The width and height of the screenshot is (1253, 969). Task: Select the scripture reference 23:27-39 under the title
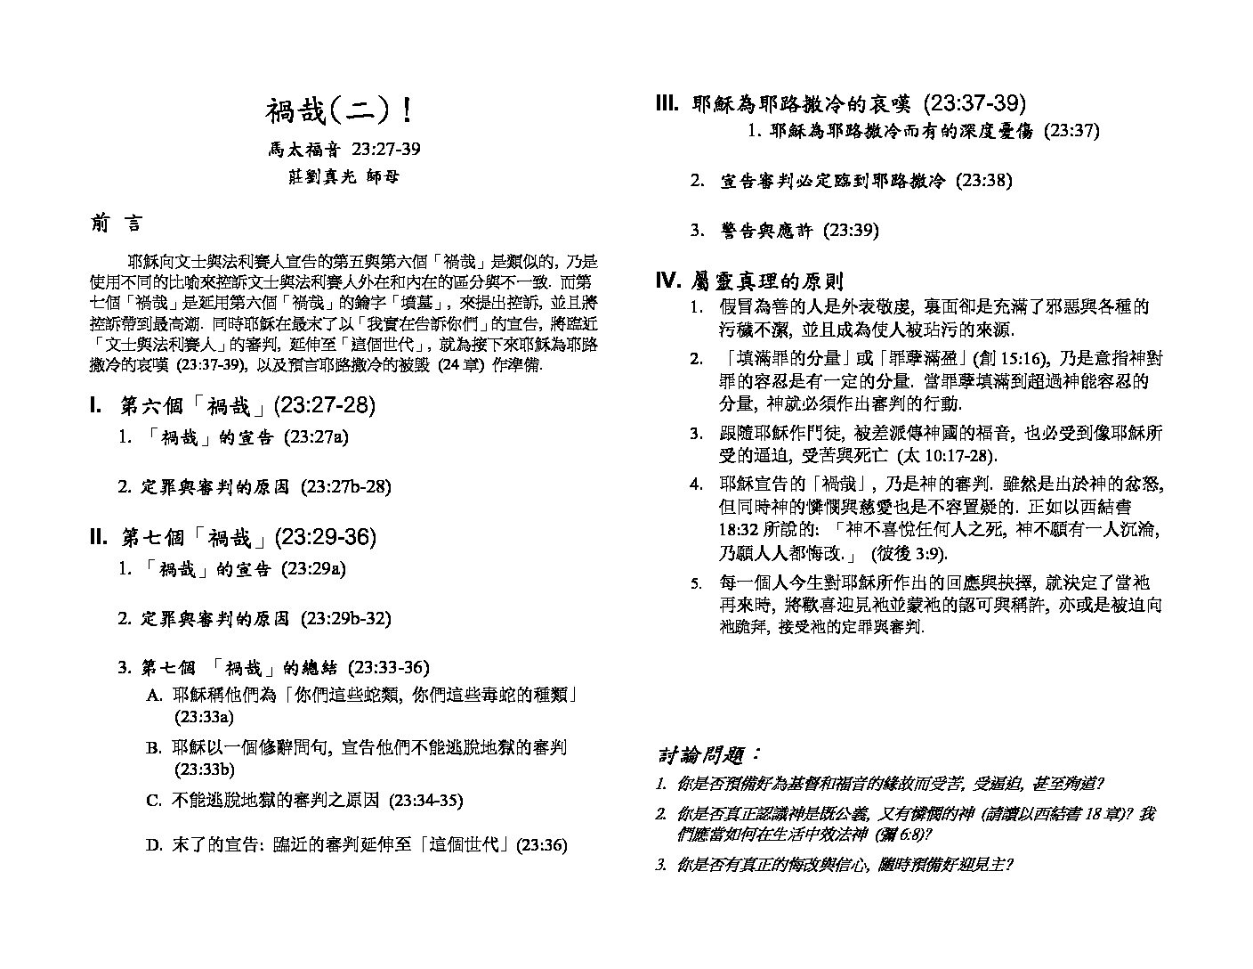click(385, 148)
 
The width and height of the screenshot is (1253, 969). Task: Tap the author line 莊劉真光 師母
click(338, 175)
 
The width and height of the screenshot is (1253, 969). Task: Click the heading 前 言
click(116, 224)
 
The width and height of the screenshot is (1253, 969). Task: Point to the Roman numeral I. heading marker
click(96, 406)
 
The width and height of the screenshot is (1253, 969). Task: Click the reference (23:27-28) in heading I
click(325, 406)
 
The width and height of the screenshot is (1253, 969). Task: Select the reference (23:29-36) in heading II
click(326, 537)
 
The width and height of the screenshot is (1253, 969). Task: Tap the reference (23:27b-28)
click(345, 486)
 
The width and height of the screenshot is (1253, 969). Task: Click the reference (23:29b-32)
click(345, 617)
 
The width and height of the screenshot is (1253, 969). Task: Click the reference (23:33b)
click(205, 769)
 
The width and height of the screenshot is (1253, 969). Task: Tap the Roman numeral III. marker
click(667, 104)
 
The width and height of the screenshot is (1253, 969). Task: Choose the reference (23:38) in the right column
click(983, 180)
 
